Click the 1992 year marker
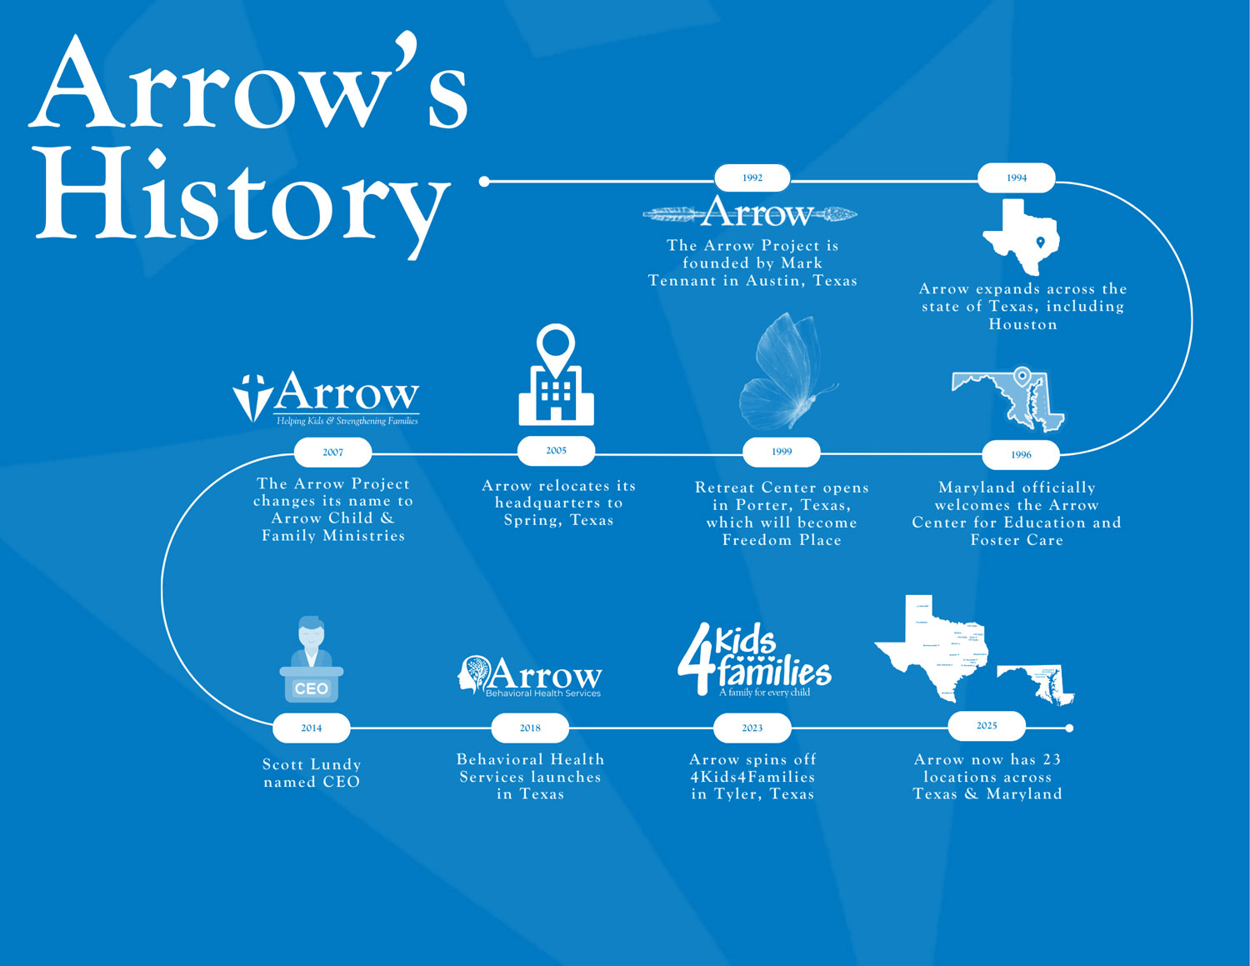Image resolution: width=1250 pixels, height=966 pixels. point(752,178)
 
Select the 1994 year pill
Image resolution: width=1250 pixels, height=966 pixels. point(1016,178)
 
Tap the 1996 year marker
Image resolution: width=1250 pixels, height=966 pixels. point(1021,454)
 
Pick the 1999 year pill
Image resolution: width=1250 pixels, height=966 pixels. point(782,452)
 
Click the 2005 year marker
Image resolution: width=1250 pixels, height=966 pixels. point(556,451)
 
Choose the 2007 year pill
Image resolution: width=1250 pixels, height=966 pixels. point(332,453)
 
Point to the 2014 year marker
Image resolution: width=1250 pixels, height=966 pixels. point(311,728)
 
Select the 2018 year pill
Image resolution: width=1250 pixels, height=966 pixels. point(530,728)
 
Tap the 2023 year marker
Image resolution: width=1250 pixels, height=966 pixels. point(752,728)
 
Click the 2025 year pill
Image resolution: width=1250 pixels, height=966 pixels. point(987,726)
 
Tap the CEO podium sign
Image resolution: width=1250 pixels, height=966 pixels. point(311,688)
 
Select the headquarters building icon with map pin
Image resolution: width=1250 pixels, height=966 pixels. point(556,376)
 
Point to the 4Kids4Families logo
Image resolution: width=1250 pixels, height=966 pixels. point(755,660)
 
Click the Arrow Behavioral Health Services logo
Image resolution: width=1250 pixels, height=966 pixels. point(530,676)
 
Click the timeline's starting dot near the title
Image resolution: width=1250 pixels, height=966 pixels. point(484,181)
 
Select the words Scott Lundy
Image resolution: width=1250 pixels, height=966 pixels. point(312,764)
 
